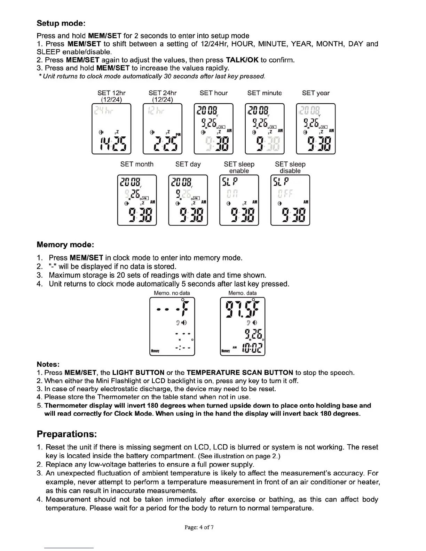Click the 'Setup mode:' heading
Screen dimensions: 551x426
coord(61,24)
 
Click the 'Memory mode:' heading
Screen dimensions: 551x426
coord(65,245)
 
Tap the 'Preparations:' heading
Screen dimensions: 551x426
coord(66,434)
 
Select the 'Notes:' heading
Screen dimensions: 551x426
coord(48,364)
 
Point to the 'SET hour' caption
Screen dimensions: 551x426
coord(213,93)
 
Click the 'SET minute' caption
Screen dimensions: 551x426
coord(265,93)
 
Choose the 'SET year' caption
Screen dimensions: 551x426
coord(315,93)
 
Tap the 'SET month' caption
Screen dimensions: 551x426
coord(137,164)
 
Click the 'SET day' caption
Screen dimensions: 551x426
coord(188,164)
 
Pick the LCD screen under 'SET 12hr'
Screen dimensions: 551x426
coord(111,129)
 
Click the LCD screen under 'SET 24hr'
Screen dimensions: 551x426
coord(163,129)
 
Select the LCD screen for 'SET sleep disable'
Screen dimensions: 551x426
coord(290,200)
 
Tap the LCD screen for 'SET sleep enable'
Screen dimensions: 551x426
coord(239,200)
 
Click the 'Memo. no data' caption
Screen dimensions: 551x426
coord(172,293)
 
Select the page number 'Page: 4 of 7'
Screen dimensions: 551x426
coord(199,527)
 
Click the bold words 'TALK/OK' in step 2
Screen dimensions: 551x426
coord(242,60)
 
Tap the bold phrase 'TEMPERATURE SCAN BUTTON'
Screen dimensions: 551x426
coord(240,373)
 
